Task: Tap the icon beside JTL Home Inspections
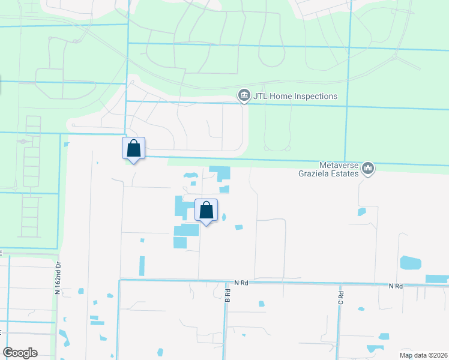pyautogui.click(x=244, y=96)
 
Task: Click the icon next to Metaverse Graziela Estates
pyautogui.click(x=369, y=170)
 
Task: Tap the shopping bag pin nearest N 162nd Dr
pyautogui.click(x=134, y=149)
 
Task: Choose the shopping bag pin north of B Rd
pyautogui.click(x=206, y=211)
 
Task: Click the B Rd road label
pyautogui.click(x=228, y=295)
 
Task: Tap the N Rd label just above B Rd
pyautogui.click(x=241, y=282)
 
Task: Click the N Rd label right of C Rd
pyautogui.click(x=395, y=286)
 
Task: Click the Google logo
pyautogui.click(x=20, y=353)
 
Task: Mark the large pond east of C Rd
pyautogui.click(x=410, y=263)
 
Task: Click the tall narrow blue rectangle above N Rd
pyautogui.click(x=142, y=266)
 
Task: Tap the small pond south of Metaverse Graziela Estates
pyautogui.click(x=361, y=212)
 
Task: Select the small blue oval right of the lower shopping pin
pyautogui.click(x=224, y=217)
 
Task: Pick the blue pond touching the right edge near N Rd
pyautogui.click(x=437, y=278)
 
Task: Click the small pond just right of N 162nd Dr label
pyautogui.click(x=81, y=291)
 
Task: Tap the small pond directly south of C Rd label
pyautogui.click(x=361, y=310)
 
